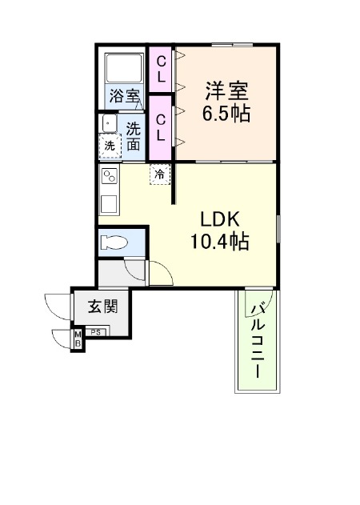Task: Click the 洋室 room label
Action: [227, 91]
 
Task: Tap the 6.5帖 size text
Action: [226, 113]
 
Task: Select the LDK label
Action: [220, 219]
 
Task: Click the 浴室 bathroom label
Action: [124, 96]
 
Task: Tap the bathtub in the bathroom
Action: [124, 68]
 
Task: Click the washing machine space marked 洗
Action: [110, 146]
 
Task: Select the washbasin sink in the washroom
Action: [109, 123]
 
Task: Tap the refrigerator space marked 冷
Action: [160, 174]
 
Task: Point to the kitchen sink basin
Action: [110, 203]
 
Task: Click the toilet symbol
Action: [114, 242]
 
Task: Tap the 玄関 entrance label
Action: [103, 307]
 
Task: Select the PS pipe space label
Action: [96, 332]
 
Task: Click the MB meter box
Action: [78, 339]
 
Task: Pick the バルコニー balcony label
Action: [258, 341]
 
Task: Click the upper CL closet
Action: [161, 70]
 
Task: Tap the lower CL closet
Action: [161, 128]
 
